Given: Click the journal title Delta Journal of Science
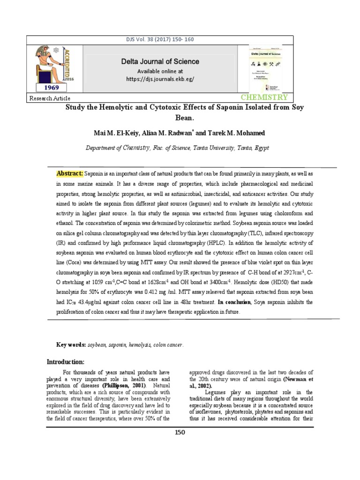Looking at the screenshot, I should (160, 61).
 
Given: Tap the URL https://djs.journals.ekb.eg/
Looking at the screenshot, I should (160, 79).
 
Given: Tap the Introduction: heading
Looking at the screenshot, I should (65, 361).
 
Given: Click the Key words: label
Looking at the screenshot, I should (70, 345).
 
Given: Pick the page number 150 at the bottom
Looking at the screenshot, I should (180, 432).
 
